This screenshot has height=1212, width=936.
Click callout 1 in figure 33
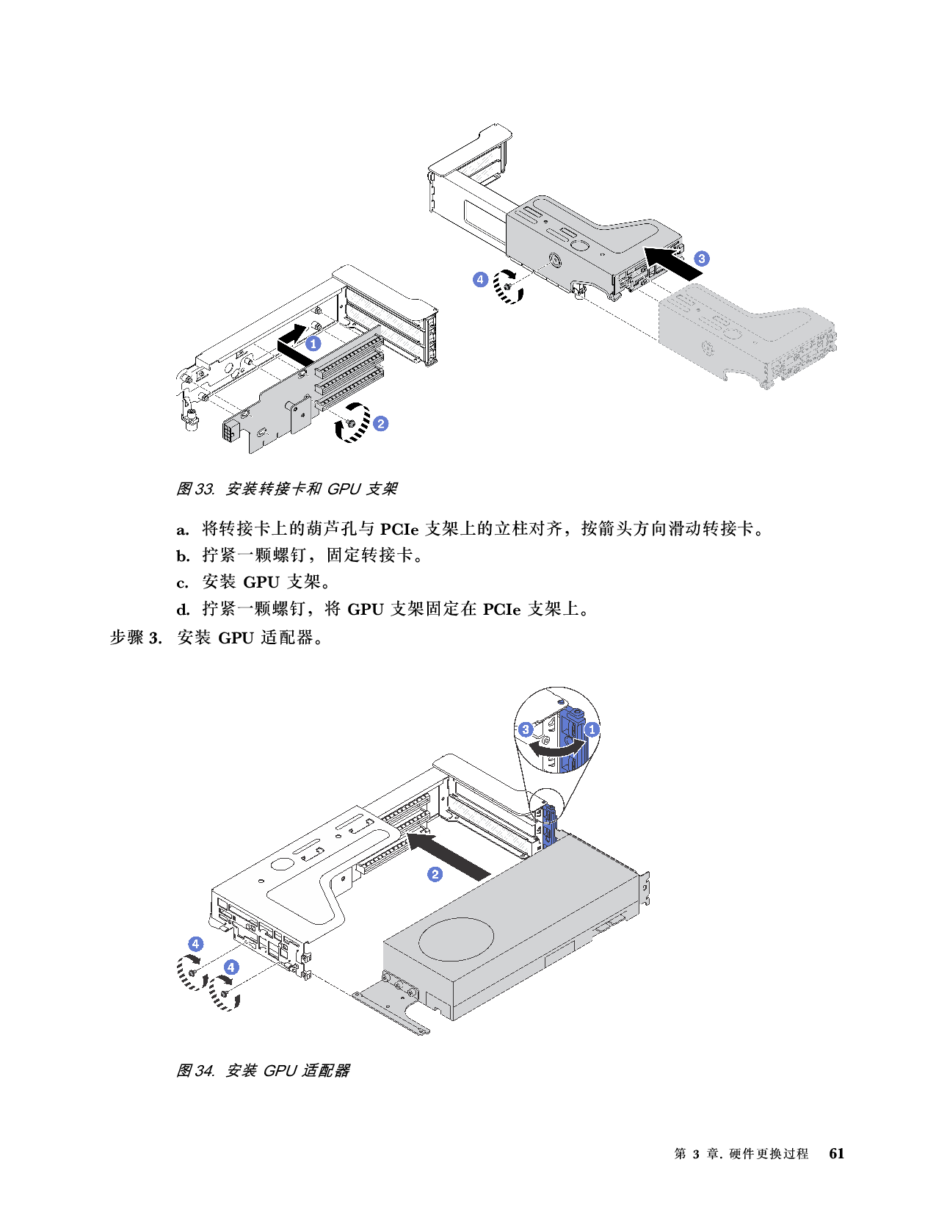tap(313, 344)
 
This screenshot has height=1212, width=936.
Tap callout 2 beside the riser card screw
tap(381, 424)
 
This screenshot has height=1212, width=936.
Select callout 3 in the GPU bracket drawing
tap(701, 259)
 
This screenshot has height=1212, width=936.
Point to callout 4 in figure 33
tap(481, 279)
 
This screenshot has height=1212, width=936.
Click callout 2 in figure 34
tap(435, 874)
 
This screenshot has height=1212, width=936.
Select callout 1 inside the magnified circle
tap(592, 729)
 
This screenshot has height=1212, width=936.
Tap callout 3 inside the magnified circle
tap(525, 729)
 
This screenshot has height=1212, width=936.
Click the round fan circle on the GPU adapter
tap(456, 939)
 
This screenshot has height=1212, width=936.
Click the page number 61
tap(836, 1153)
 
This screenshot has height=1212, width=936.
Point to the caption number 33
tap(205, 489)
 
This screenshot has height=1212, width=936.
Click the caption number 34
tap(205, 1071)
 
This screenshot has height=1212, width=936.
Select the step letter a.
tap(182, 530)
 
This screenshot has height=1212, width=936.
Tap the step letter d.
tap(183, 610)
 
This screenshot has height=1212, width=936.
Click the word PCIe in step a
tap(399, 529)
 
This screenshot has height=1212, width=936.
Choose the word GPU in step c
tap(261, 582)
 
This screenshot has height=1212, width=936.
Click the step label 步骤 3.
tap(136, 638)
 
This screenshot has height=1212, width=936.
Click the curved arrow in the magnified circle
tap(556, 747)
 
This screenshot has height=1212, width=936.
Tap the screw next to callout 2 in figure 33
tap(350, 423)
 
